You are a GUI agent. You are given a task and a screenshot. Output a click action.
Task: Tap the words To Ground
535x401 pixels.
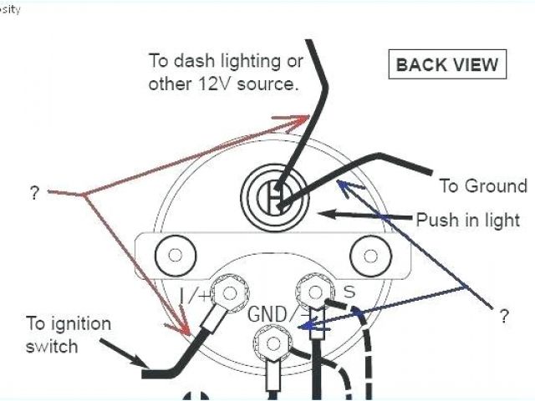(483, 185)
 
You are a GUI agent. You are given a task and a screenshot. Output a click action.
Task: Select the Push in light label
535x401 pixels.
(469, 221)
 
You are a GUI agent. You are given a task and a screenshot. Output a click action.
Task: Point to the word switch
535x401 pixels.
(51, 345)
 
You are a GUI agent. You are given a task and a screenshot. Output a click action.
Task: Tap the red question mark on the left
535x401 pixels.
(34, 193)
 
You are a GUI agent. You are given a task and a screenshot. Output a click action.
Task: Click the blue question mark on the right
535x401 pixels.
(503, 316)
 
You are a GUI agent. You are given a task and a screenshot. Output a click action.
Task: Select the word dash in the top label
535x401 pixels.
(193, 62)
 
